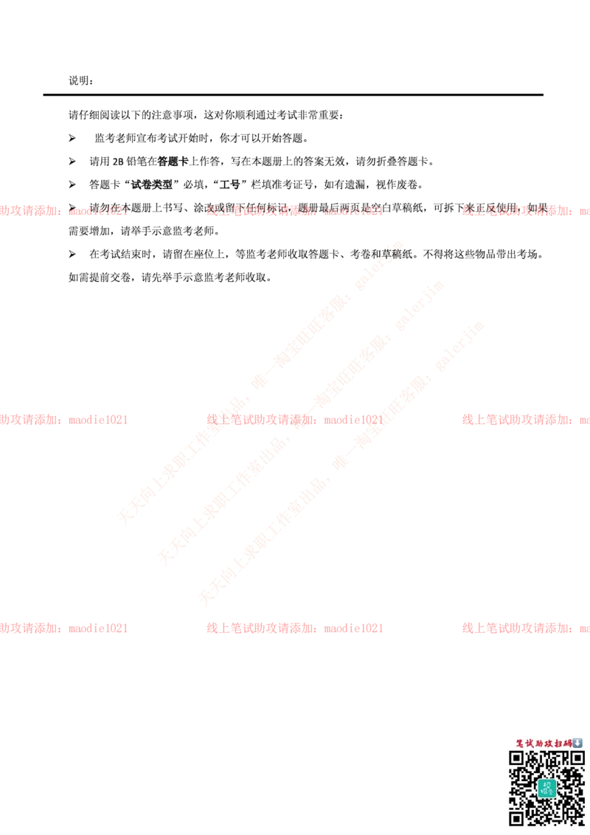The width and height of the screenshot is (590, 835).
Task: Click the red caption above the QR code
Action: click(x=544, y=743)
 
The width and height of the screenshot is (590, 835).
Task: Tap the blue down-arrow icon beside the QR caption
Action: click(x=577, y=743)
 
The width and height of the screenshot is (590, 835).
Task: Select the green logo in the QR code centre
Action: click(x=546, y=787)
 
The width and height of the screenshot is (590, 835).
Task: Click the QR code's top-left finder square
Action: click(x=517, y=758)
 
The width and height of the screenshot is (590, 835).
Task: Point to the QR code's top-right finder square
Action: click(x=576, y=758)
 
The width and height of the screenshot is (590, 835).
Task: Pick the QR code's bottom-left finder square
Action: click(x=517, y=817)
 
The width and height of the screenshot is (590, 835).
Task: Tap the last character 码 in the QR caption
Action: click(x=568, y=743)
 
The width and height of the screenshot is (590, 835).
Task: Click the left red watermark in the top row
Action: click(x=64, y=209)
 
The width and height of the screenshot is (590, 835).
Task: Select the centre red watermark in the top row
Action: click(x=295, y=209)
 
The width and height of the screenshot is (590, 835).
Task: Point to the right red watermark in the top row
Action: click(x=525, y=209)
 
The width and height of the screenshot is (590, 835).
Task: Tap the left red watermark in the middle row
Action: click(x=64, y=420)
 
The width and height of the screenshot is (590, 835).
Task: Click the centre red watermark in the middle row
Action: click(x=295, y=420)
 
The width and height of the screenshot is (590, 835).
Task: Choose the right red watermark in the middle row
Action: click(x=525, y=420)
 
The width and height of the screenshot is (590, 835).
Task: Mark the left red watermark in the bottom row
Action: click(x=64, y=628)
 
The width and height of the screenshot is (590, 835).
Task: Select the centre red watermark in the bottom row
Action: click(x=295, y=628)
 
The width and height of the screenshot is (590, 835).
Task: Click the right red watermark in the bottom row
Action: click(x=525, y=628)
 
